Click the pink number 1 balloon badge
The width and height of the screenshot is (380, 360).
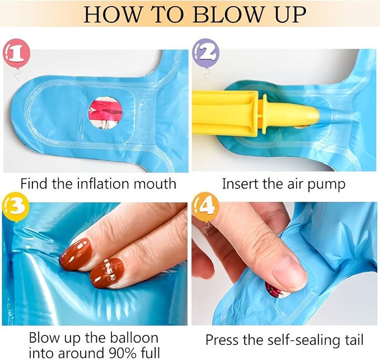tap(16, 54)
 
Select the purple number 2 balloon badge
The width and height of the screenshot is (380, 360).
tap(206, 53)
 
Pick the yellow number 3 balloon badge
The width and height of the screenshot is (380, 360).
tap(16, 207)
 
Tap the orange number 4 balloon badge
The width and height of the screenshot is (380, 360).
tap(205, 207)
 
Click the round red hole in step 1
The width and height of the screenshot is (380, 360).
tap(105, 113)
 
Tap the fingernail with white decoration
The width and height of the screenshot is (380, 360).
tap(107, 272)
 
